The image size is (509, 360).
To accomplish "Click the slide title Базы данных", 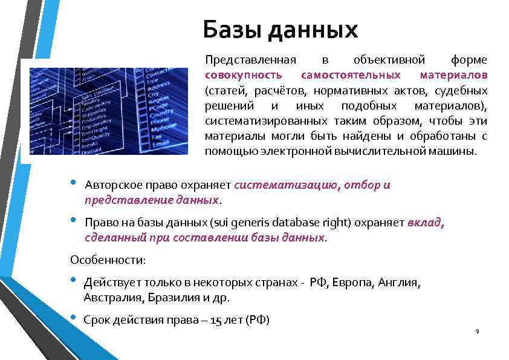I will click(x=280, y=30).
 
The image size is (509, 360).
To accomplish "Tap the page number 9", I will click(x=478, y=332).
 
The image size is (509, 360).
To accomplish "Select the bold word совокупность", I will click(x=243, y=76).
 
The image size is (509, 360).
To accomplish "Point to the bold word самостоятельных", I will click(x=351, y=76).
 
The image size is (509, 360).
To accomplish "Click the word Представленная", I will click(x=250, y=61).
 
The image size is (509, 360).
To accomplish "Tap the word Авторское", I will click(x=113, y=185).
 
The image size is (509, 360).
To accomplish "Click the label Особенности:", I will click(x=108, y=260).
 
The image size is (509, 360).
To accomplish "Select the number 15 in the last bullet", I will click(x=216, y=321).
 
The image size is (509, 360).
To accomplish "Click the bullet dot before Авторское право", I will click(x=73, y=183).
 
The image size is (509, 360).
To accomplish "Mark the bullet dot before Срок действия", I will click(x=73, y=318).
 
